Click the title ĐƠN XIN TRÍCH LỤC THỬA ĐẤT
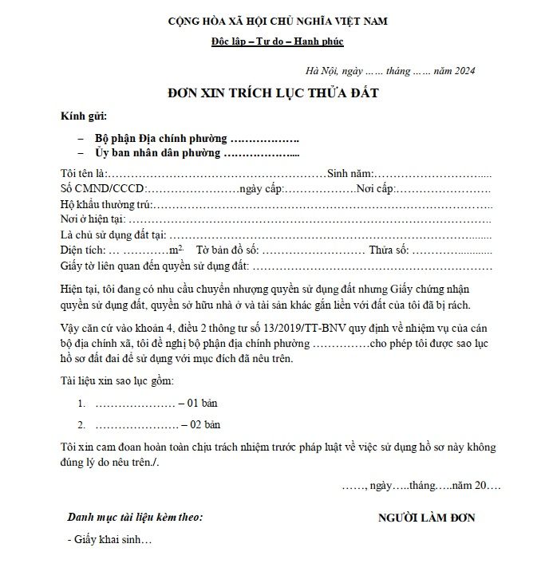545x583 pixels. point(272,93)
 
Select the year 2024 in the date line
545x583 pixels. point(464,71)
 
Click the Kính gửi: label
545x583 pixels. point(84,116)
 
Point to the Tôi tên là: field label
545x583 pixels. point(83,174)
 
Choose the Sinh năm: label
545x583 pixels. point(350,174)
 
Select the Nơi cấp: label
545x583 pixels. point(376,189)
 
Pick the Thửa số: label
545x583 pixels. point(389,250)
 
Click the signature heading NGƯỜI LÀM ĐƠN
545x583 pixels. point(427,518)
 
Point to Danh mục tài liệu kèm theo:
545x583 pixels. point(135,517)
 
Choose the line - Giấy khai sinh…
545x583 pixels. point(109,540)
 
